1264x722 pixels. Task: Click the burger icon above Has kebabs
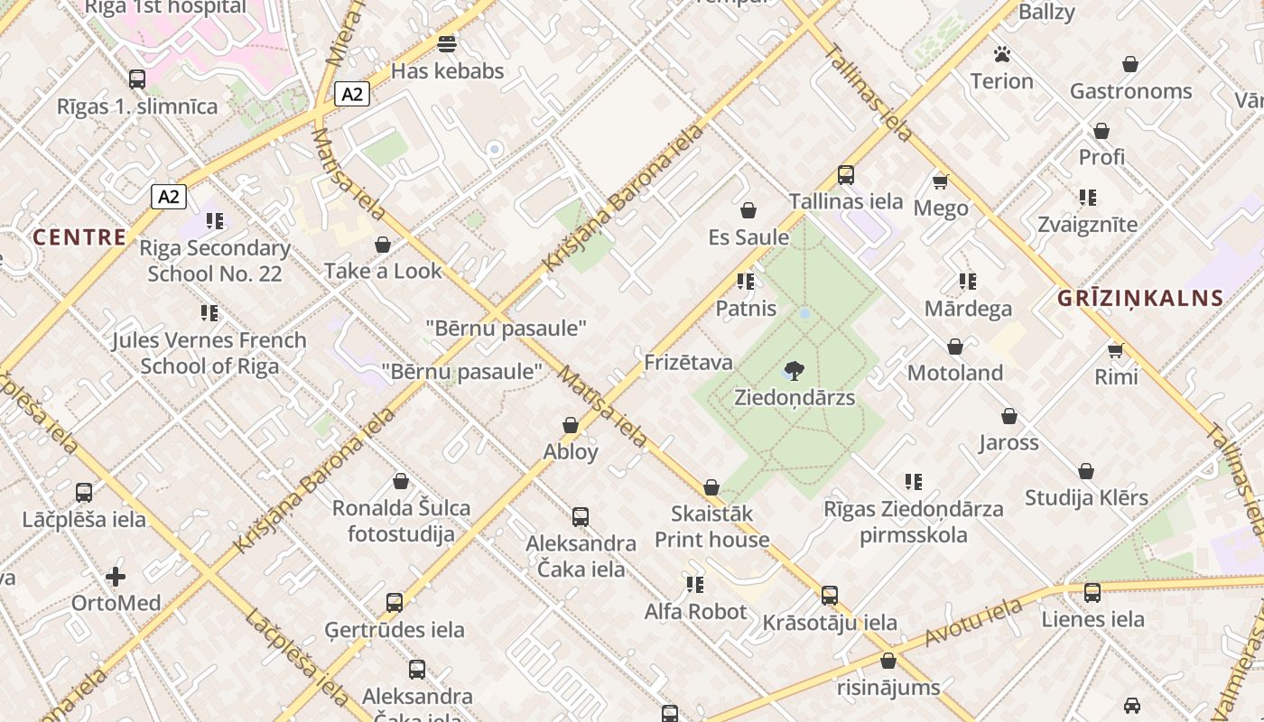pos(446,43)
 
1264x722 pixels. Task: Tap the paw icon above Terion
pos(1001,54)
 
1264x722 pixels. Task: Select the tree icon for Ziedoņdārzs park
pos(795,370)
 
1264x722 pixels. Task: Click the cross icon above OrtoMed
pos(116,576)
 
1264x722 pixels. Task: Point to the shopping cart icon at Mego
pos(941,181)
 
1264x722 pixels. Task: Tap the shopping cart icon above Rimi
pos(1116,349)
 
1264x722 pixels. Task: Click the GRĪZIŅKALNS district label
pos(1140,298)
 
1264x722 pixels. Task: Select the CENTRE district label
pos(79,237)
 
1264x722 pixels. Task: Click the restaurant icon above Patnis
pos(745,282)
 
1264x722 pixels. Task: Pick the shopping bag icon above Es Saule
pos(748,210)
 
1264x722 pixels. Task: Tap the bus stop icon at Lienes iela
pos(1092,593)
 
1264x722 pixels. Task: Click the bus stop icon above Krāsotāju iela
pos(830,596)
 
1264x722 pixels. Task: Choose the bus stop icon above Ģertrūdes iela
pos(395,603)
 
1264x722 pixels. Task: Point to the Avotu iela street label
pos(971,625)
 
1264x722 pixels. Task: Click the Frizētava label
pos(688,363)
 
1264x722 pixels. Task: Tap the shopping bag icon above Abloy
pos(571,425)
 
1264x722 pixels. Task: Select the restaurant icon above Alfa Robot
pos(694,585)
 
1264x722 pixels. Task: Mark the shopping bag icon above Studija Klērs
pos(1086,471)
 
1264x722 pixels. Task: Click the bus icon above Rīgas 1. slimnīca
pos(137,79)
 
